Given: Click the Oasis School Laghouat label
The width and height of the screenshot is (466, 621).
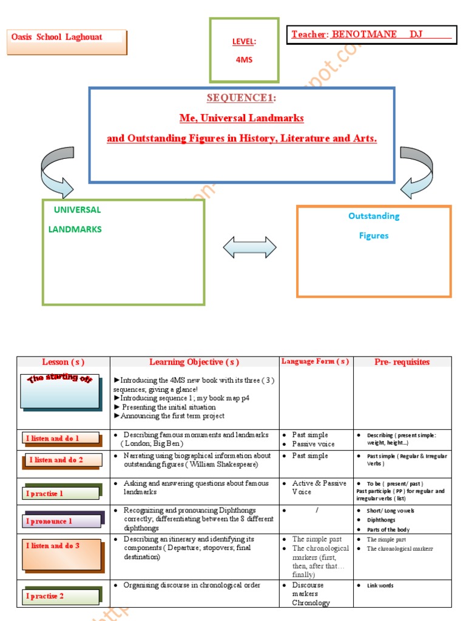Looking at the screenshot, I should point(57,37).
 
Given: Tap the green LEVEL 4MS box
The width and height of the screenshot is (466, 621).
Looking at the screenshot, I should point(244,50).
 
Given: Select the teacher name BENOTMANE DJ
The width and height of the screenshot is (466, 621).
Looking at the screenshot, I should point(391,35).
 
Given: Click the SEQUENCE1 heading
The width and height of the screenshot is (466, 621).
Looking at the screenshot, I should point(241,98).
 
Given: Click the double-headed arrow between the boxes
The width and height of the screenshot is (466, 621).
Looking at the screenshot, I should point(249,247).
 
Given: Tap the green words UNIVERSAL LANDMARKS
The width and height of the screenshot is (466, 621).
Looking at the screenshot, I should point(76,220).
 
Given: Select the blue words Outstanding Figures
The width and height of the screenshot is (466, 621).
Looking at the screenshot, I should point(374,226).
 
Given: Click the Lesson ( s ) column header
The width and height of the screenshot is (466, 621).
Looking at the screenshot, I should point(62,363).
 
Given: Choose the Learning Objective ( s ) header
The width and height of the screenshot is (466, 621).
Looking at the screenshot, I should point(194,363).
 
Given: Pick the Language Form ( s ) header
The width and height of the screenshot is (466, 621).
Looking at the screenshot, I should point(315,362).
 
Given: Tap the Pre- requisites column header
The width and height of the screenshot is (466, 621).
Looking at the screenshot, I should point(402,363).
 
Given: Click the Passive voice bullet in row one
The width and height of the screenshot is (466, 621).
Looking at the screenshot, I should point(314,444).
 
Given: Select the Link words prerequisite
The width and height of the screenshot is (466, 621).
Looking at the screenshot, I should point(380,586).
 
